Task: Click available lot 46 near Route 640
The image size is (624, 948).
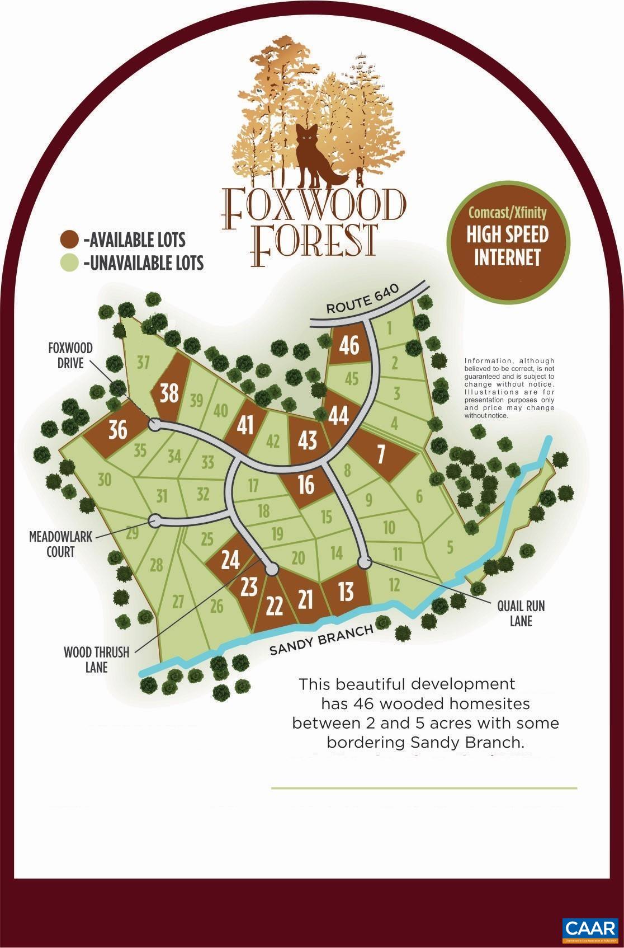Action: click(x=349, y=345)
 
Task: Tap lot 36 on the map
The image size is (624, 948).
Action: click(x=118, y=430)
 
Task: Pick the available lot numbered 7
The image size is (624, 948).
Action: click(x=381, y=454)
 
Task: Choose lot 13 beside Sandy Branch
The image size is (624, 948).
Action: click(x=346, y=592)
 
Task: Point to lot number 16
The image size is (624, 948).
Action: click(x=306, y=485)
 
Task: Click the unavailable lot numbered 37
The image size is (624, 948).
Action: click(x=143, y=363)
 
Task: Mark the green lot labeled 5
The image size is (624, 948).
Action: click(x=450, y=546)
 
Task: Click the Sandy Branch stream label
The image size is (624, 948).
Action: click(x=321, y=641)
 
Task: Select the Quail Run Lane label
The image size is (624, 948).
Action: click(x=521, y=613)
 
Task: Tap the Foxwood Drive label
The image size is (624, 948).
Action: click(x=70, y=356)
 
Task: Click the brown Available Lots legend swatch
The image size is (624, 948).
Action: click(x=69, y=240)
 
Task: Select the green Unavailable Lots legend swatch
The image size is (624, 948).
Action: click(x=69, y=262)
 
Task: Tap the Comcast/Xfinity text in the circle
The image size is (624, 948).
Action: click(x=507, y=213)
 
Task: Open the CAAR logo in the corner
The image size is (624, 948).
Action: click(x=589, y=928)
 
